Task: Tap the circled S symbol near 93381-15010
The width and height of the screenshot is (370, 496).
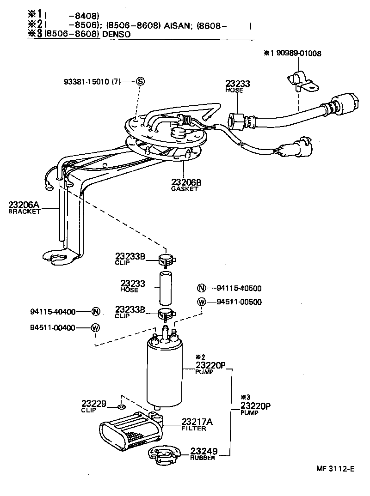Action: [141, 82]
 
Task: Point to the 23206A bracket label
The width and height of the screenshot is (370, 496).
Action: [25, 207]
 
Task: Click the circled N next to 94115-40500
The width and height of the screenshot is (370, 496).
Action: [201, 289]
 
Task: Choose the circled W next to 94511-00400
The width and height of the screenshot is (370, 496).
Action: [95, 328]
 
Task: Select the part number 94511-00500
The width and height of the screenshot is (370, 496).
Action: [239, 302]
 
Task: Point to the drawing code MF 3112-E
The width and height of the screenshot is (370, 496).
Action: [335, 469]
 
